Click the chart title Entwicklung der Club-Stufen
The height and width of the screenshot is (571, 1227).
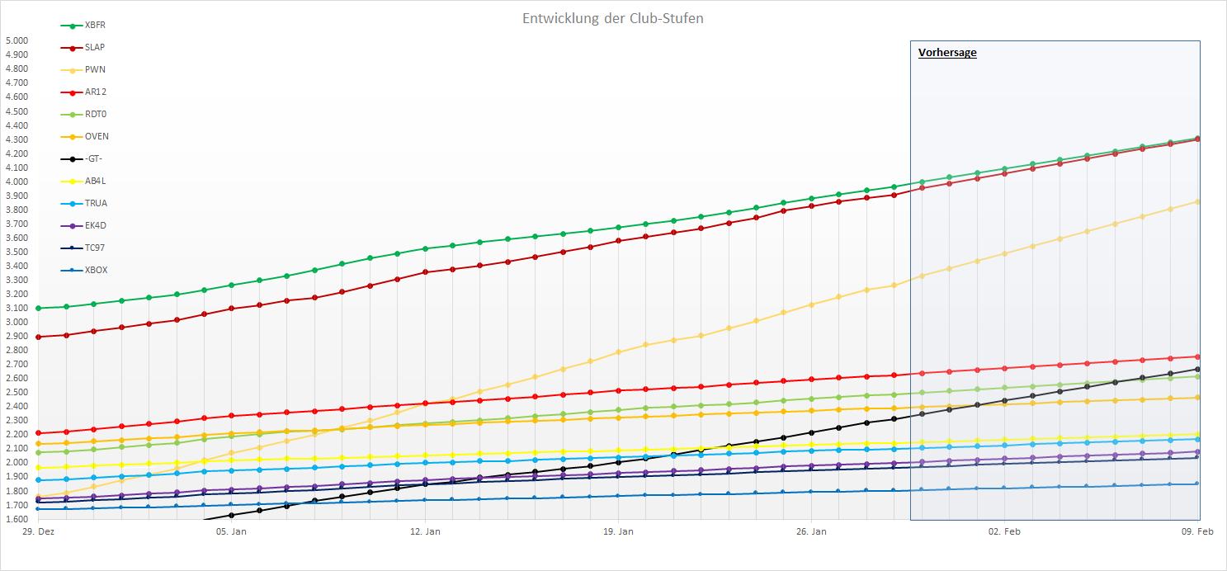613,18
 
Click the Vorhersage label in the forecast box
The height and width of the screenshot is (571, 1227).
947,53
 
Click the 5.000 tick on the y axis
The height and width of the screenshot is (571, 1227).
17,40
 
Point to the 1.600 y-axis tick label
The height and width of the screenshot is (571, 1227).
17,519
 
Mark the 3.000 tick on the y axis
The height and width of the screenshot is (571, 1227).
17,322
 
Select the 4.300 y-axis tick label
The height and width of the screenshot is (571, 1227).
17,139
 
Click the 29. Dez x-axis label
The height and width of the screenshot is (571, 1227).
38,532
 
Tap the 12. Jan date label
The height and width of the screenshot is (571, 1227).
426,532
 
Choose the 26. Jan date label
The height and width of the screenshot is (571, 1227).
812,532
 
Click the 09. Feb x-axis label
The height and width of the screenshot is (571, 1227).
1197,532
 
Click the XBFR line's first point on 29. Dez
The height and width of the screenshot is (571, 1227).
39,308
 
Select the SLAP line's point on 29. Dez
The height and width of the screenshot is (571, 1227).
39,337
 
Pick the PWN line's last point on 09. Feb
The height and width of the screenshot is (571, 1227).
1197,201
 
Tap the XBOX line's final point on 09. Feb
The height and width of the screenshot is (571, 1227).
1197,484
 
